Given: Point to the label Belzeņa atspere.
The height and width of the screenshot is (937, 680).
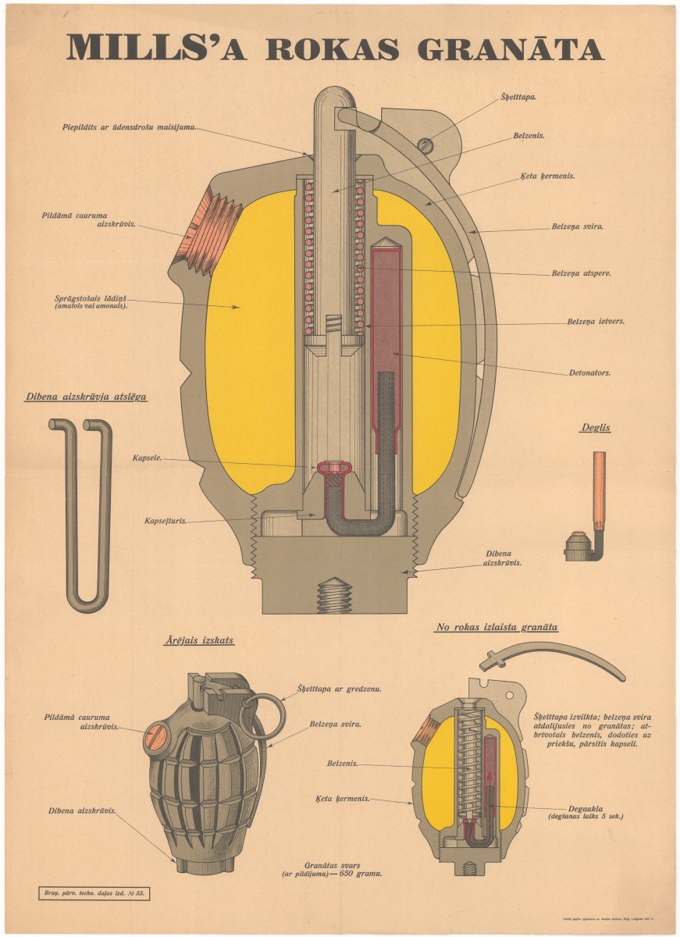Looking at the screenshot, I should click(x=581, y=273).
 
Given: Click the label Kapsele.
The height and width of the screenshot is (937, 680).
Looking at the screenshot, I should click(x=147, y=458).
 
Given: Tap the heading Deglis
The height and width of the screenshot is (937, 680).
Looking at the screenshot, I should click(x=595, y=427).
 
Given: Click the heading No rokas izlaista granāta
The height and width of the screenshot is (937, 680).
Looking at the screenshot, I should click(x=497, y=627).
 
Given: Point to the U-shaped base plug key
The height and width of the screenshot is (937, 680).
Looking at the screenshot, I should click(x=81, y=515).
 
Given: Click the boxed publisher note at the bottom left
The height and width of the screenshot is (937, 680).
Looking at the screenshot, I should click(x=93, y=893).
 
